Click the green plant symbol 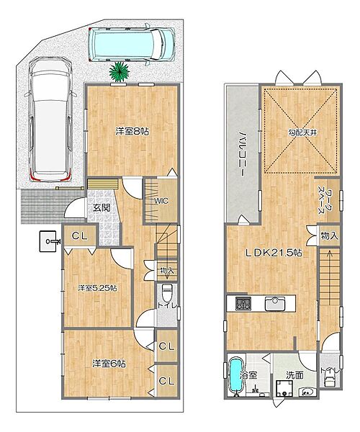point(120,71)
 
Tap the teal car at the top point(132,44)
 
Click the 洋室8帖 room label point(132,132)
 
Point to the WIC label point(161,201)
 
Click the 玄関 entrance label point(102,208)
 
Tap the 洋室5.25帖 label point(97,288)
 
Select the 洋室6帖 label point(109,364)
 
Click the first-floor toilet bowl point(167,293)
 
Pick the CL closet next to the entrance point(80,235)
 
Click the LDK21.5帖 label point(274,253)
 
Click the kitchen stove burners point(243,304)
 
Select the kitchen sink point(275,304)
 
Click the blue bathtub point(235,377)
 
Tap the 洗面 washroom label point(294,375)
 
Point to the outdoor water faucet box point(48,241)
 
